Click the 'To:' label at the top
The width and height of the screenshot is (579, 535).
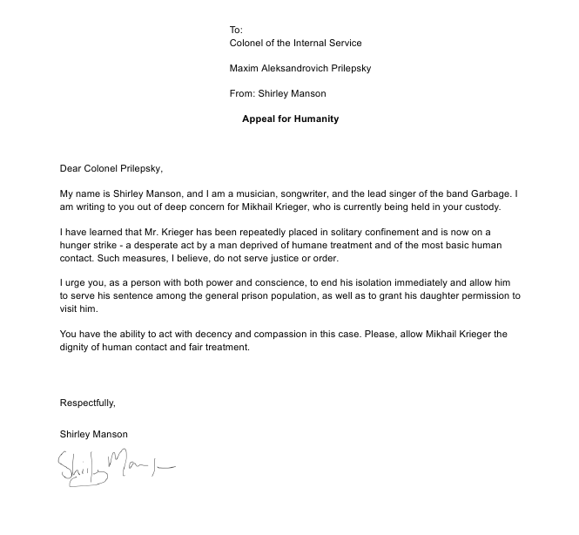pyautogui.click(x=236, y=30)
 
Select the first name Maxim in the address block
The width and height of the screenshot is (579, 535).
pyautogui.click(x=246, y=68)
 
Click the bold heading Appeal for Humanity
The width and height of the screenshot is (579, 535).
pyautogui.click(x=290, y=119)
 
